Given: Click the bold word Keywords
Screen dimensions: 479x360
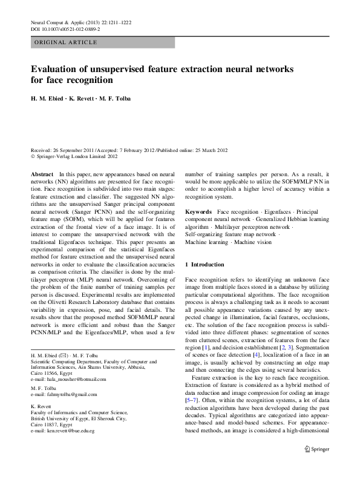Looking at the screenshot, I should [198, 212].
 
